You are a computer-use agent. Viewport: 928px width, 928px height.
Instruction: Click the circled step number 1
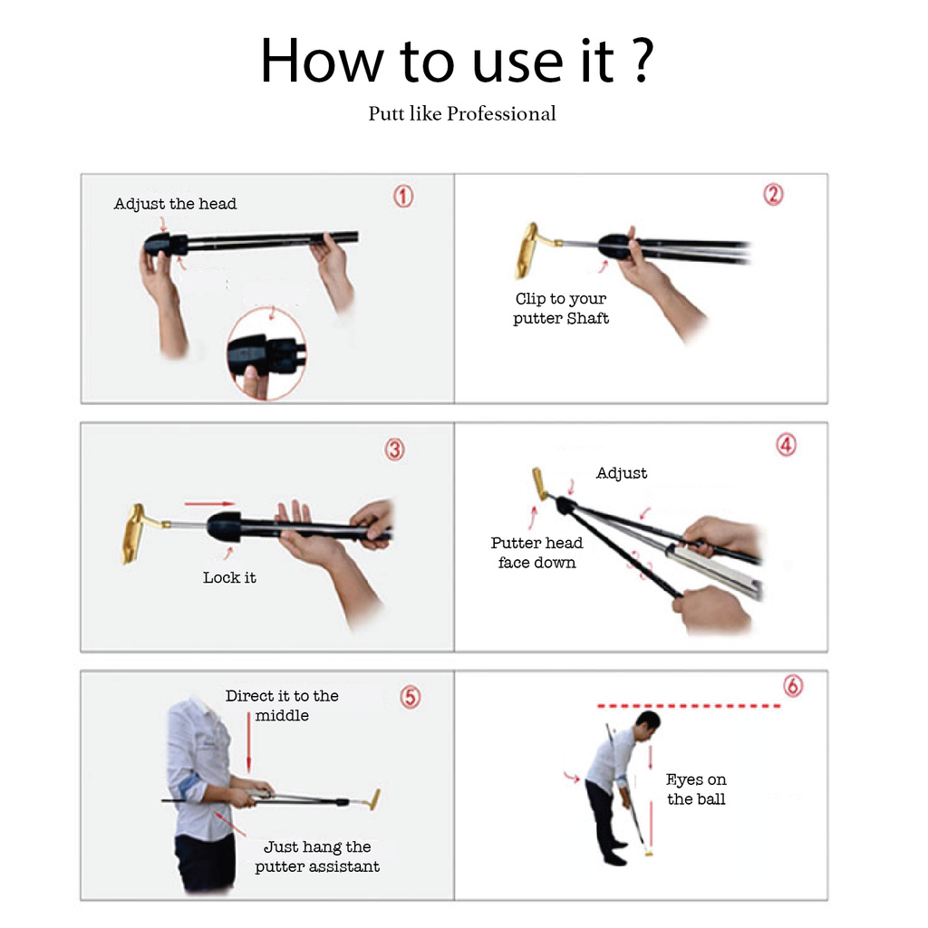pos(403,196)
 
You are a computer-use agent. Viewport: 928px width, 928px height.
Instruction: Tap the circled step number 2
pos(773,194)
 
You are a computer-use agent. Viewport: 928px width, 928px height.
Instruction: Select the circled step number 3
pos(395,449)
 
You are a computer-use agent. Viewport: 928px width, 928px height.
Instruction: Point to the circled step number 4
pos(786,445)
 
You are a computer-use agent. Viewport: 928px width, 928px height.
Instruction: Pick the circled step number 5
pos(411,697)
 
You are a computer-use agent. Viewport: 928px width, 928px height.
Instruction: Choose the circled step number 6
pos(793,685)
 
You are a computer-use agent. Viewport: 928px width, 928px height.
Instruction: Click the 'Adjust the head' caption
pos(175,204)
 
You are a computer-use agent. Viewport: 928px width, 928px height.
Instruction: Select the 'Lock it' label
pos(229,577)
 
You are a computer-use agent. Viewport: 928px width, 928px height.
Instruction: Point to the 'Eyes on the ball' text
pos(696,789)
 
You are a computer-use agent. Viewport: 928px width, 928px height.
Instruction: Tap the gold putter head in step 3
pos(140,533)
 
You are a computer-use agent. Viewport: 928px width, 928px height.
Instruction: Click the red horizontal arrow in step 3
pos(210,504)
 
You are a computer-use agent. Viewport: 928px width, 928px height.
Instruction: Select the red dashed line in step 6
pos(689,705)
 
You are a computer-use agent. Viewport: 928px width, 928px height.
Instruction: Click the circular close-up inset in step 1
pos(266,354)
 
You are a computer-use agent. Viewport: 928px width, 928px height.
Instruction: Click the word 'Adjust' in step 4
pos(622,473)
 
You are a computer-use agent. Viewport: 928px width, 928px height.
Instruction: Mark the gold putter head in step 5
pos(373,799)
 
